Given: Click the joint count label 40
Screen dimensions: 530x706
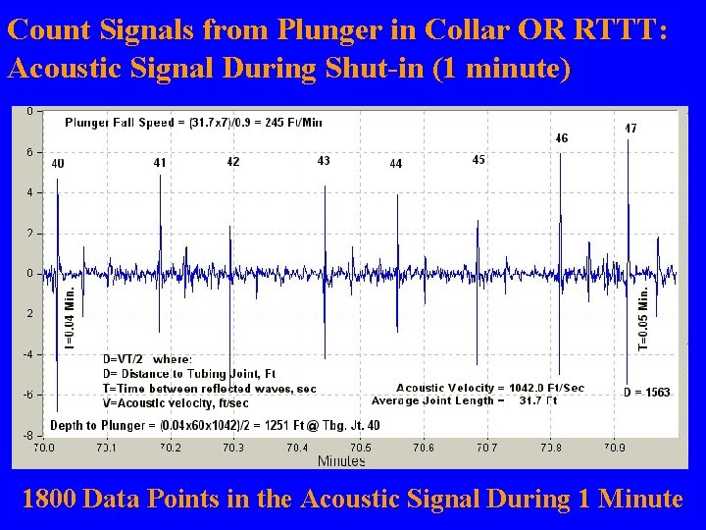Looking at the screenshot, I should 58,164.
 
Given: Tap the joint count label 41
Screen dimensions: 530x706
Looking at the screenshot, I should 160,163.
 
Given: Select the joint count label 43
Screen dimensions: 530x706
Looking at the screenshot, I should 324,160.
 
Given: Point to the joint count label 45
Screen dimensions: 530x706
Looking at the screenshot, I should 479,159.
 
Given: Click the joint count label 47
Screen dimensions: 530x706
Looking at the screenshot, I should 630,129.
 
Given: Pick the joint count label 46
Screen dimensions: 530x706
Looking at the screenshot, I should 561,138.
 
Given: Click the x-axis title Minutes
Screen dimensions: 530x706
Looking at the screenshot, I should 341,460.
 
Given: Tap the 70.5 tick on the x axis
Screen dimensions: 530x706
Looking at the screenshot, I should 361,448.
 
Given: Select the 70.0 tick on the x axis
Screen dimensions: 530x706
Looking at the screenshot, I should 44,448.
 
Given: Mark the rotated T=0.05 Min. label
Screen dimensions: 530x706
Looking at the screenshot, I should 644,316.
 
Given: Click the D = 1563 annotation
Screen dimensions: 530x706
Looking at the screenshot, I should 646,393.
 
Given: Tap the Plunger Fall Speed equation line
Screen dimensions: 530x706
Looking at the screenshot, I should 193,123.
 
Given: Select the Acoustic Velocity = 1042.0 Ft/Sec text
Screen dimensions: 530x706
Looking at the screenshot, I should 489,388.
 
